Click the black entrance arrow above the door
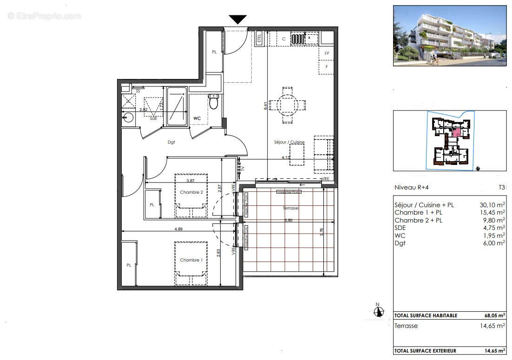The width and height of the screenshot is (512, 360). (237, 19)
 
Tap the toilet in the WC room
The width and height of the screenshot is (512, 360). (214, 101)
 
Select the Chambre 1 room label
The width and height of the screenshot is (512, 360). (191, 260)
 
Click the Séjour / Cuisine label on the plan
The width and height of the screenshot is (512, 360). (289, 142)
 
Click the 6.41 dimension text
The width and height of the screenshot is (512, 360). (265, 105)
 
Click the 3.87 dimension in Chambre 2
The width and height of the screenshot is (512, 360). (190, 181)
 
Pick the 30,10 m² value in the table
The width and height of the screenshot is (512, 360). (492, 204)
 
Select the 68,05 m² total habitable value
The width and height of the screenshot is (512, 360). (495, 315)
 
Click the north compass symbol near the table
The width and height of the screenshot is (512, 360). (379, 311)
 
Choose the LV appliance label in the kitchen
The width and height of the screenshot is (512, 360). (327, 53)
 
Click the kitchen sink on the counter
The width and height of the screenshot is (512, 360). (309, 38)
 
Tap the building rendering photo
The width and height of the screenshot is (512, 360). (450, 36)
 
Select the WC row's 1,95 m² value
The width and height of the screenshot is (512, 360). (494, 236)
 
